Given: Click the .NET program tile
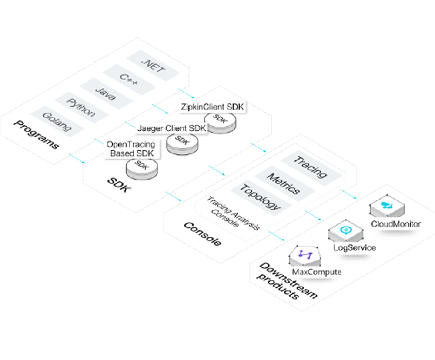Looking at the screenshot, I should (x=154, y=67).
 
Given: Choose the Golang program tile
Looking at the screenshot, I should (x=56, y=121).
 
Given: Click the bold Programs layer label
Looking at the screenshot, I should (x=37, y=135).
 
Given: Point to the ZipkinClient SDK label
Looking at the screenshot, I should (x=213, y=107).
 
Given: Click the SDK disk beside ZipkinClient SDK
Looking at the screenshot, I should (x=221, y=122).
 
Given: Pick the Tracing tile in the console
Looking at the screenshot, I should (x=310, y=167).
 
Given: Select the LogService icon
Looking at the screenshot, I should (x=346, y=231).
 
